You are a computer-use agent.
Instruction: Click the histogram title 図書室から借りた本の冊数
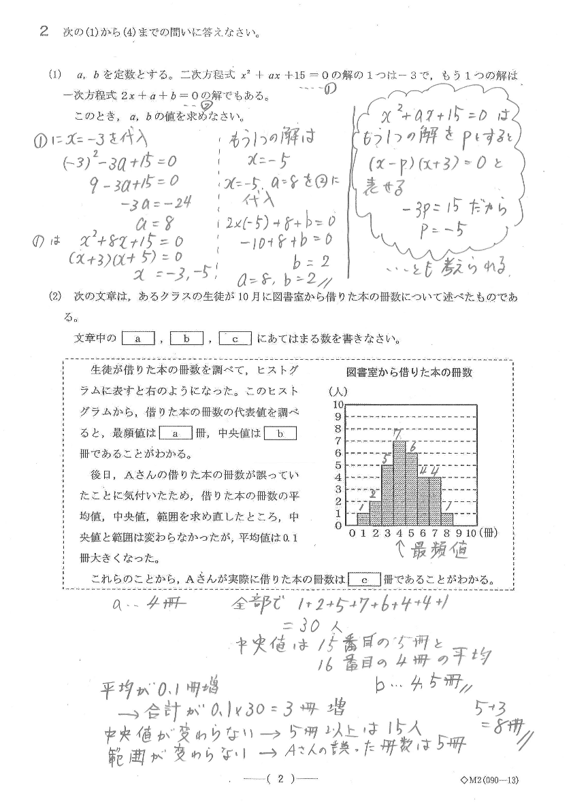click(x=409, y=373)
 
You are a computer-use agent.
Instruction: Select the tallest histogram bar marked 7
click(x=399, y=483)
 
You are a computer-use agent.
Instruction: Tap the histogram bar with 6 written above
click(x=411, y=489)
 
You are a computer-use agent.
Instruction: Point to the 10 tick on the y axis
click(x=338, y=405)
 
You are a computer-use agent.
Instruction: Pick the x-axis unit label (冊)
click(x=489, y=533)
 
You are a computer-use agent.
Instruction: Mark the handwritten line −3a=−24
click(x=156, y=203)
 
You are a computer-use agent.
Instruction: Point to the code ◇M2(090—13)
click(x=489, y=780)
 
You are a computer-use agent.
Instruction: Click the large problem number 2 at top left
click(x=44, y=32)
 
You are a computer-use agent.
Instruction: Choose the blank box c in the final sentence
click(x=364, y=580)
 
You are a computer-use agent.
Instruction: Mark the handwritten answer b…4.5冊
click(x=419, y=681)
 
